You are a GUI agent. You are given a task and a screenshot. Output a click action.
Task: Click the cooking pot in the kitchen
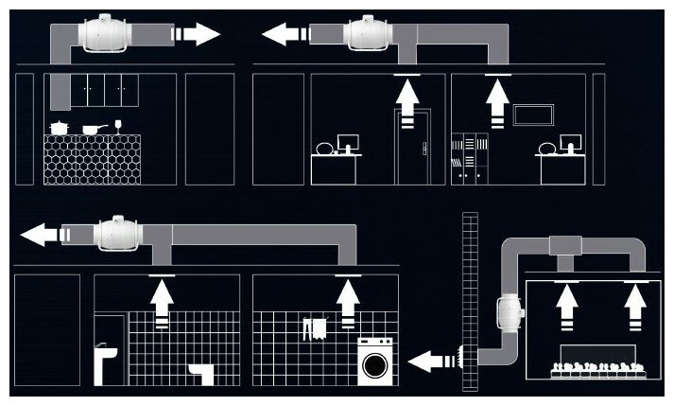[x=60, y=126]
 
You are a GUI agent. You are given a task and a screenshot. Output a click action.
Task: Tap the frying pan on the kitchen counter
[x=91, y=128]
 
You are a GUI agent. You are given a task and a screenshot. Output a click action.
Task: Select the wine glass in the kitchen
[x=118, y=124]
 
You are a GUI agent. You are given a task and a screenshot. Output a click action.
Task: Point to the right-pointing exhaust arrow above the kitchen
[x=196, y=35]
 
